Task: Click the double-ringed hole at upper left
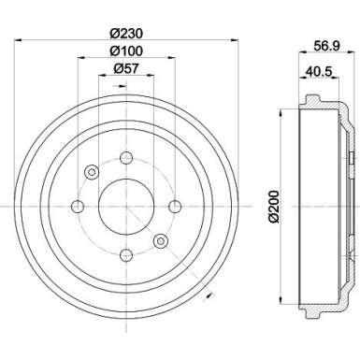(x=92, y=173)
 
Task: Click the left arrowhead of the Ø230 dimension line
(x=22, y=39)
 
